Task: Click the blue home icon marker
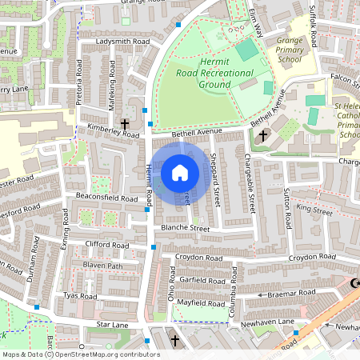(180, 173)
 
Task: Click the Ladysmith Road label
(122, 40)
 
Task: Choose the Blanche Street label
(185, 229)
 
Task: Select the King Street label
(314, 210)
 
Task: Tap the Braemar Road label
(294, 294)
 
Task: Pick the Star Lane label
(113, 325)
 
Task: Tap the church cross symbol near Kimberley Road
(125, 124)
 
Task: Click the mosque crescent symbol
(355, 283)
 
